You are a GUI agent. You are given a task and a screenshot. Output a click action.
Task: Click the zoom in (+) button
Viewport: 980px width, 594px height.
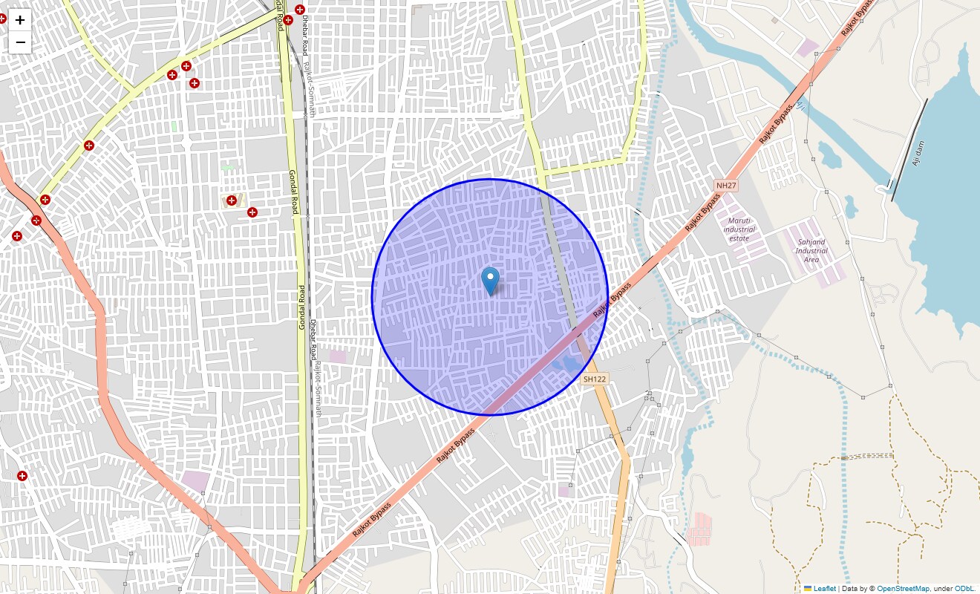[20, 20]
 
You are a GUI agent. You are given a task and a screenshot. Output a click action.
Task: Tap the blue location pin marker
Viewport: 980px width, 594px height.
[490, 281]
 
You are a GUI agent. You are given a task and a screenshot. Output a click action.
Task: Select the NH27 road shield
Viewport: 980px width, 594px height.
[725, 184]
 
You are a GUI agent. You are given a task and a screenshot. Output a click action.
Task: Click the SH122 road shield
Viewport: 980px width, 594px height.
[595, 379]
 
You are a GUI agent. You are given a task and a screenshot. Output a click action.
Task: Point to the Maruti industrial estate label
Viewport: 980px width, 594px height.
[739, 229]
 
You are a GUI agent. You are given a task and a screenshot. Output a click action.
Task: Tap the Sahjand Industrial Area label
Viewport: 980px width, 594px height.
[811, 250]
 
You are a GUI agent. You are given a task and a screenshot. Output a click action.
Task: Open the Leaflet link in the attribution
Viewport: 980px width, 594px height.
[824, 588]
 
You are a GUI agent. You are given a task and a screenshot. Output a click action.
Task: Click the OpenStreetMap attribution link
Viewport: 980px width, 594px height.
[903, 588]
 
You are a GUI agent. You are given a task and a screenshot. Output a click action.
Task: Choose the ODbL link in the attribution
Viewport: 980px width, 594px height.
[964, 588]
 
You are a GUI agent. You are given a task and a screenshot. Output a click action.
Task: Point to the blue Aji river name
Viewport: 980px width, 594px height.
[800, 106]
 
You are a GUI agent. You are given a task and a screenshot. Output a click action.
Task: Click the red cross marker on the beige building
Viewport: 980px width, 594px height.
[232, 200]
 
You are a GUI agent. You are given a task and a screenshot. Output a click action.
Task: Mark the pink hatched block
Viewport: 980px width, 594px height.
[699, 529]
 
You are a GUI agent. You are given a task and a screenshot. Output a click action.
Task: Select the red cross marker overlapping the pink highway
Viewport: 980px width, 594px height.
[36, 220]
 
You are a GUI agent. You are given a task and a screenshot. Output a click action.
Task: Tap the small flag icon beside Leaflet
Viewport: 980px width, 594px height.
[808, 588]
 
